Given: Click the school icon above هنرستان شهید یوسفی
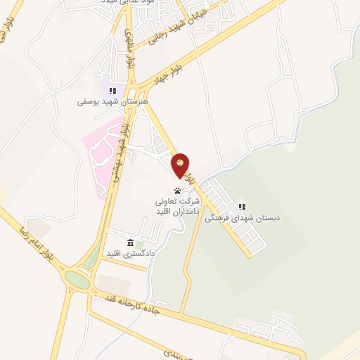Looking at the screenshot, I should pyautogui.click(x=112, y=91).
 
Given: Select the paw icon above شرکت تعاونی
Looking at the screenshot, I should pyautogui.click(x=177, y=191).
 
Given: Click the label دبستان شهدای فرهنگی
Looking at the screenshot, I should pyautogui.click(x=243, y=218).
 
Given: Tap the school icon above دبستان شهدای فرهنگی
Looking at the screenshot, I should pyautogui.click(x=242, y=207).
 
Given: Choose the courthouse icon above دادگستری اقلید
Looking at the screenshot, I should pyautogui.click(x=130, y=243).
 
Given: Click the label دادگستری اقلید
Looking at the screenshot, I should pyautogui.click(x=129, y=254).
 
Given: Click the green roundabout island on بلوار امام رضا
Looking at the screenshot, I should pyautogui.click(x=77, y=281).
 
